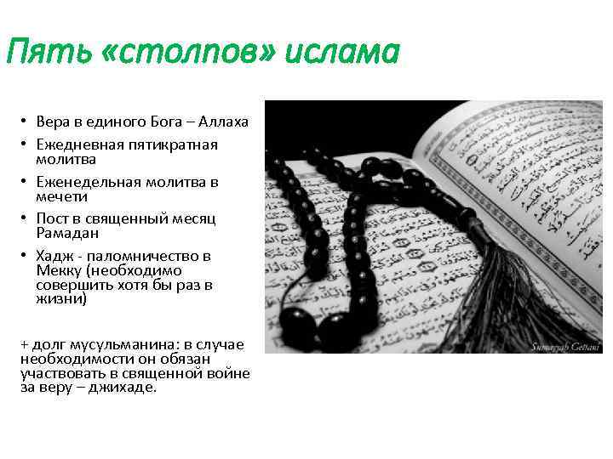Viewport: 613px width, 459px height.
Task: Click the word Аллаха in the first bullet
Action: click(x=223, y=122)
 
